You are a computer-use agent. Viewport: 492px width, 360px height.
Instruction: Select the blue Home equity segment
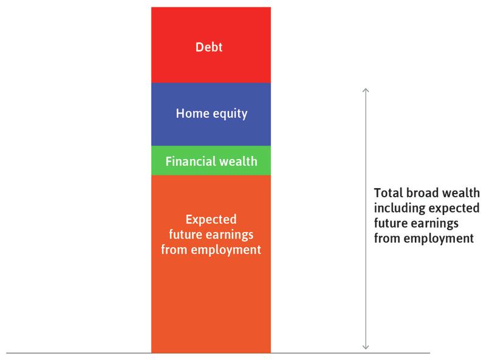point(211,131)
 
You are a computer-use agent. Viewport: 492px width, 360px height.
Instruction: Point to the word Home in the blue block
point(190,113)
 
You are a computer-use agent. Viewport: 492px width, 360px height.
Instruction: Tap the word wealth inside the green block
point(237,161)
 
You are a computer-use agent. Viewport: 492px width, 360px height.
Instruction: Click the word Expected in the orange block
point(211,219)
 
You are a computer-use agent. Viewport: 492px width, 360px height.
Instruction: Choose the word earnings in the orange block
point(234,234)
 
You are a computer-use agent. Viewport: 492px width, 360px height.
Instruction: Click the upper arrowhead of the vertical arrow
point(366,90)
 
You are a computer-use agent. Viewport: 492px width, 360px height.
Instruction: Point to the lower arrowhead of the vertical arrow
point(366,347)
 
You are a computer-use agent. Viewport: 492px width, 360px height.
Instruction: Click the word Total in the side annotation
point(387,193)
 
